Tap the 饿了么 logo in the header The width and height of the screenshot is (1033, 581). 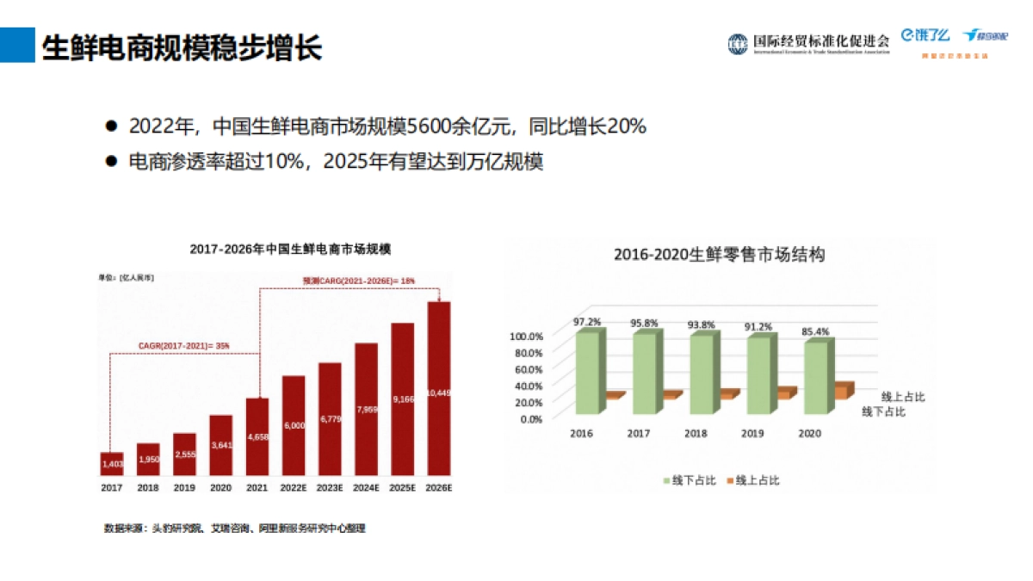click(925, 35)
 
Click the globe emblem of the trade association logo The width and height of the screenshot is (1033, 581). click(738, 44)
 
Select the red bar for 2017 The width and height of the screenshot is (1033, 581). click(112, 464)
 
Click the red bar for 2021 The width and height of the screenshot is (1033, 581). click(257, 436)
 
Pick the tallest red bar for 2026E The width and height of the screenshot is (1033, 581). click(439, 388)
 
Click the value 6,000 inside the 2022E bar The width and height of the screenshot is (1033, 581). click(294, 425)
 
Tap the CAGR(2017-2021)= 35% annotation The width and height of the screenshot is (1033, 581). click(184, 345)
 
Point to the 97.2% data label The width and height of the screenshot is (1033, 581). click(587, 322)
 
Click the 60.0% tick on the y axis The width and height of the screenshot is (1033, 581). click(529, 369)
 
